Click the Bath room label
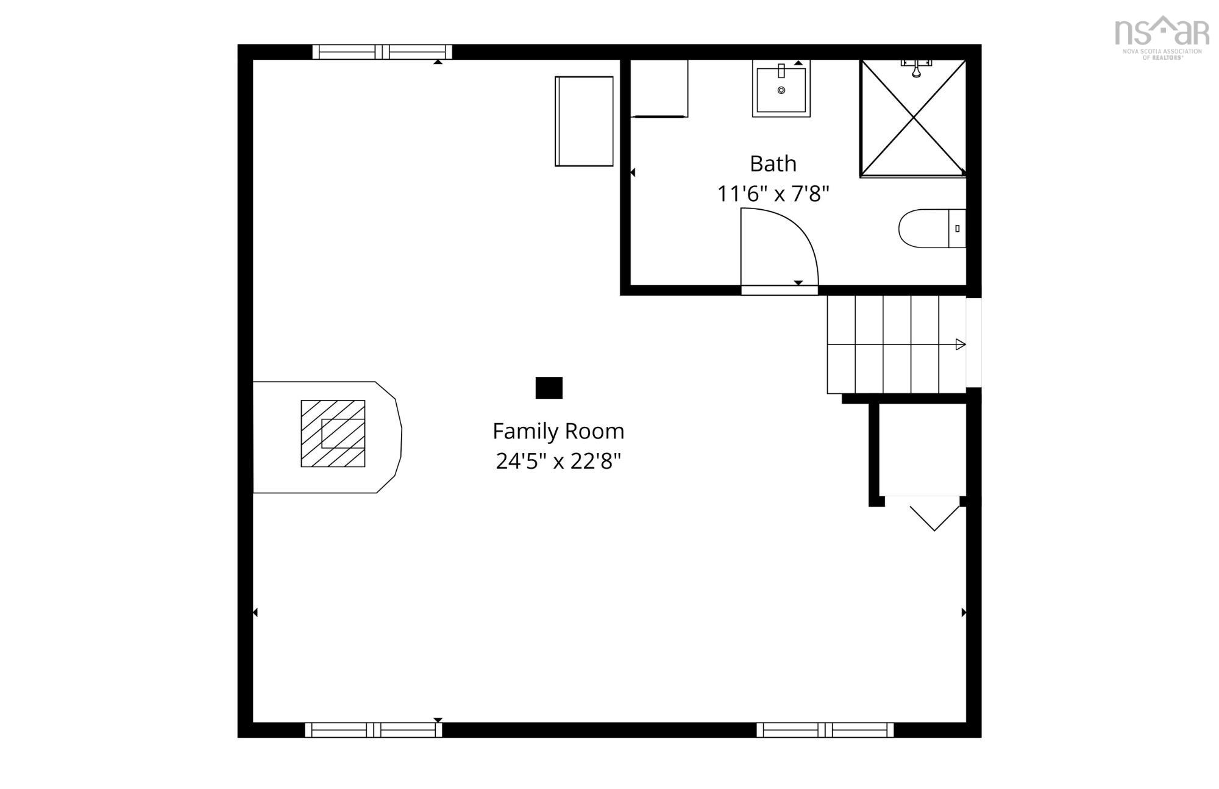(x=773, y=163)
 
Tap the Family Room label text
(x=558, y=432)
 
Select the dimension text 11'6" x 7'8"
(x=773, y=194)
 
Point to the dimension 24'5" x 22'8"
(x=558, y=462)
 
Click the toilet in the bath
(x=933, y=229)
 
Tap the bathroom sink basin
(x=781, y=90)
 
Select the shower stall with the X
(x=913, y=118)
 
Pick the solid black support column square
(x=549, y=388)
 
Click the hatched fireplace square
(x=333, y=434)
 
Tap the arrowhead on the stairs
(x=961, y=345)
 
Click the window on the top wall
(x=382, y=52)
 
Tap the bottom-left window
(x=374, y=730)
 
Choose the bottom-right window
(x=825, y=730)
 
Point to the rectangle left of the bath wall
(x=584, y=121)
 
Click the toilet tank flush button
(x=958, y=229)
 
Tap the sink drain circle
(x=781, y=90)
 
